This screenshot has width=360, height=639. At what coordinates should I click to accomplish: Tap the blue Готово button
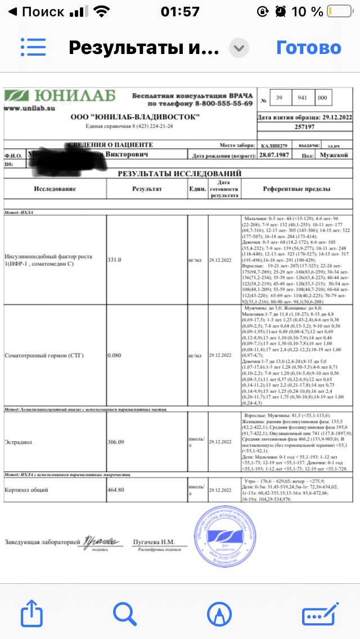[x=308, y=48]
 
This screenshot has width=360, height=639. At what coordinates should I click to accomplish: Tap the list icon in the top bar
[x=33, y=48]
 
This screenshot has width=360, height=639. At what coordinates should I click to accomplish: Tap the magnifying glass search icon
[x=125, y=613]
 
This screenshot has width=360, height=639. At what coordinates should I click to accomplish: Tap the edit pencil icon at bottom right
[x=317, y=613]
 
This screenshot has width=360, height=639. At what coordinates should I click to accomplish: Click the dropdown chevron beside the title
[x=240, y=48]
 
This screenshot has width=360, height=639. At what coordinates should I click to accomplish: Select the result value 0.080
[x=116, y=355]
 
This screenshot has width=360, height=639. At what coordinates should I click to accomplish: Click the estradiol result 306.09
[x=118, y=442]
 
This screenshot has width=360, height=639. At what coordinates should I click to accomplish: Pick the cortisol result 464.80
[x=119, y=490]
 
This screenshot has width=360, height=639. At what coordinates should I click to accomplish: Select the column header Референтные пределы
[x=296, y=189]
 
